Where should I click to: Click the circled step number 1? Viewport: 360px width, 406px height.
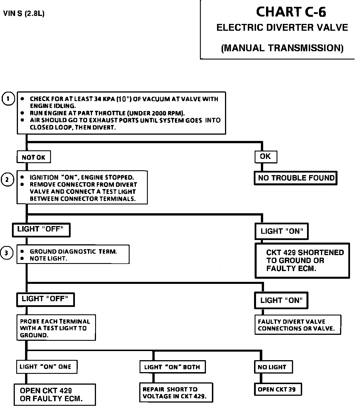[x=8, y=99]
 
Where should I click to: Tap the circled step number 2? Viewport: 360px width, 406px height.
[x=8, y=180]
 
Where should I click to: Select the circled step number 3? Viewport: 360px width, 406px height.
[x=7, y=253]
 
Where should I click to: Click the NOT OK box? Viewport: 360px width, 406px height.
[x=34, y=157]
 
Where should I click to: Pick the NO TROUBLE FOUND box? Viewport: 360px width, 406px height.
[x=296, y=178]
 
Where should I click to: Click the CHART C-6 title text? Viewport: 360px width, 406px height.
[x=291, y=12]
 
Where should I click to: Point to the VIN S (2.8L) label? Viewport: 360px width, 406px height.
[x=24, y=14]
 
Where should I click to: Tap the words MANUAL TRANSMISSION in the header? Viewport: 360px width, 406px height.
[x=282, y=48]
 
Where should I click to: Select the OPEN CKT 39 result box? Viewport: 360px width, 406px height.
[x=277, y=389]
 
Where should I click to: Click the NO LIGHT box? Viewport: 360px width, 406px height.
[x=273, y=367]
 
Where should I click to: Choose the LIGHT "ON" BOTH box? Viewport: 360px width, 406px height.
[x=172, y=367]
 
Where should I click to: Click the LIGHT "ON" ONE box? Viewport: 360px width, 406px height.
[x=46, y=366]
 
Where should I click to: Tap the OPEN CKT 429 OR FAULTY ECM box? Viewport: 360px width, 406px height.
[x=55, y=395]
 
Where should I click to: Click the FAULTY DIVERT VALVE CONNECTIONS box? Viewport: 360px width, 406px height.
[x=297, y=325]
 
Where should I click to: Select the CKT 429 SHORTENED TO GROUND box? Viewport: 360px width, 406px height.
[x=302, y=261]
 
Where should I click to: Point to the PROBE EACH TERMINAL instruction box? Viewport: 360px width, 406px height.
[x=56, y=328]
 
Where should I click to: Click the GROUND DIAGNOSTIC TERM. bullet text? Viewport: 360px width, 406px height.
[x=73, y=252]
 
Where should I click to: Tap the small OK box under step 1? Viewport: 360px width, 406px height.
[x=265, y=156]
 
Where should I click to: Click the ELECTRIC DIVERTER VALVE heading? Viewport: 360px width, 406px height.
[x=282, y=28]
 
